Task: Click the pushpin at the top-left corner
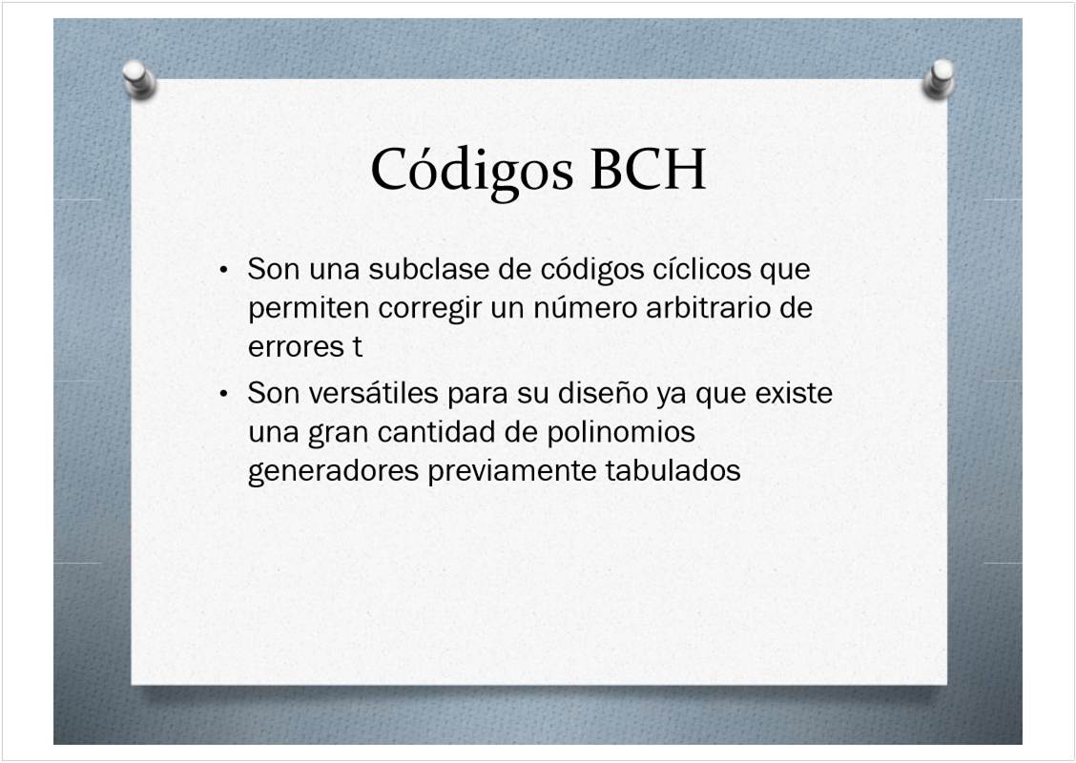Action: coord(139,79)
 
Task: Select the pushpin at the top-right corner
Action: coord(939,79)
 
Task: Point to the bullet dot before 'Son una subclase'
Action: coord(223,270)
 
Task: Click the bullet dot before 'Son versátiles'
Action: coord(223,395)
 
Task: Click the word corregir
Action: coord(429,309)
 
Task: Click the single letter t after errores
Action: coord(358,347)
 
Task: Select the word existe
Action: coord(794,393)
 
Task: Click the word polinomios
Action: coord(621,433)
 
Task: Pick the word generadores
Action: coord(334,471)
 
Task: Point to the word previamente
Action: coord(512,471)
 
